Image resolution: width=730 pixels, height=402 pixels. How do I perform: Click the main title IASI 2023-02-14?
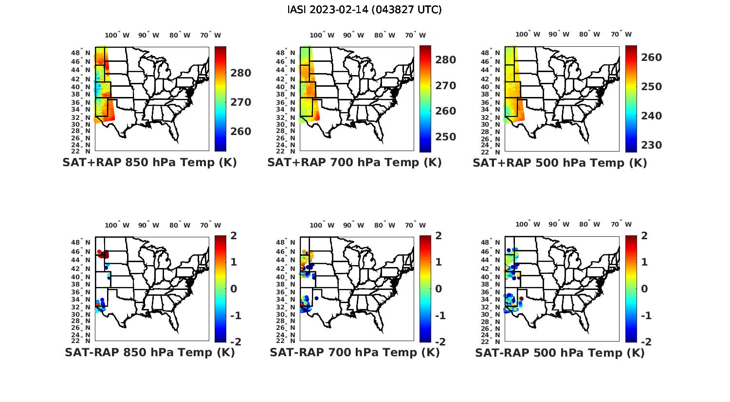pyautogui.click(x=365, y=10)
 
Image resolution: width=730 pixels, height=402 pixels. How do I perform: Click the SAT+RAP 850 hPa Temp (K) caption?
pyautogui.click(x=149, y=163)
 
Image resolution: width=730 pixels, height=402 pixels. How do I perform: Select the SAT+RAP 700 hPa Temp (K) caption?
pyautogui.click(x=354, y=163)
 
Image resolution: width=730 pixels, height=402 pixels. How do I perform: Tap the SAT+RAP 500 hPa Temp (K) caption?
pyautogui.click(x=560, y=163)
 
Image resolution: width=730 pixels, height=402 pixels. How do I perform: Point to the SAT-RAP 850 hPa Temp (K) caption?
pyautogui.click(x=149, y=352)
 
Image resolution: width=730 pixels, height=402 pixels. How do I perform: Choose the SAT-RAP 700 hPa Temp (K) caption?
pyautogui.click(x=354, y=352)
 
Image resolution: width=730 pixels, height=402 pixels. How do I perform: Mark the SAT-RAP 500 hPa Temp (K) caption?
pyautogui.click(x=560, y=352)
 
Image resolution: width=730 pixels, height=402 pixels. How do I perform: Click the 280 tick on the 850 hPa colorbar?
pyautogui.click(x=240, y=73)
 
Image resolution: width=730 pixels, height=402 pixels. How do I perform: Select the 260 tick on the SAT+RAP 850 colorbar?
pyautogui.click(x=240, y=132)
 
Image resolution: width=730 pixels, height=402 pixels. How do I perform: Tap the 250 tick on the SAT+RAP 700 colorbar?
pyautogui.click(x=445, y=137)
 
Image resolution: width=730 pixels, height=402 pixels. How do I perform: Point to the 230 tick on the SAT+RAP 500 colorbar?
pyautogui.click(x=651, y=145)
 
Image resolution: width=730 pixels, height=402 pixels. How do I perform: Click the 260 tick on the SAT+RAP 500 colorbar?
pyautogui.click(x=651, y=57)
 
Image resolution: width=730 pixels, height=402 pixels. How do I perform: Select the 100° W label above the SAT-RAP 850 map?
pyautogui.click(x=117, y=225)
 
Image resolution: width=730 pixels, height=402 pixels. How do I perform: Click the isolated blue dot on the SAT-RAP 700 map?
pyautogui.click(x=316, y=298)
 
